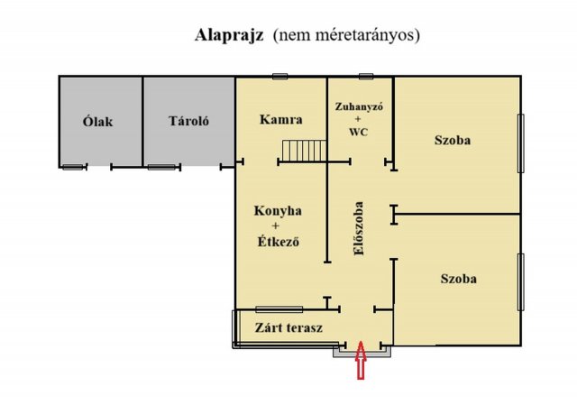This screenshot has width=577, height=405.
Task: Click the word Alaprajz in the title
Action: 230,37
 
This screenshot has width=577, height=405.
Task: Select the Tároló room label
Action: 188,122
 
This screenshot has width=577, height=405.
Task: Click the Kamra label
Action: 280,120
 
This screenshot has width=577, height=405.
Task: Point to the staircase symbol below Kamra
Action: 301,151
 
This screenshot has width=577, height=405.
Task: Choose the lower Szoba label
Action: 459,279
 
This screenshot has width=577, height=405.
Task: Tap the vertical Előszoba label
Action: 359,228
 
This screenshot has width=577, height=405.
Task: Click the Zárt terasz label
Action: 288,327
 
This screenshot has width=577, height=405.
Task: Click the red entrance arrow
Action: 362,363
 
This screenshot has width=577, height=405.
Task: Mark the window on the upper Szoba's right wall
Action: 520,143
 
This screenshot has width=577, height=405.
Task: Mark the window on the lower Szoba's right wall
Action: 520,281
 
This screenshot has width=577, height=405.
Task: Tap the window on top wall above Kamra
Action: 279,76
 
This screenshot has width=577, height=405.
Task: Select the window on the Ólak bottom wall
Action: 73,167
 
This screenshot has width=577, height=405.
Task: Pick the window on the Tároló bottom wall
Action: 160,167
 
